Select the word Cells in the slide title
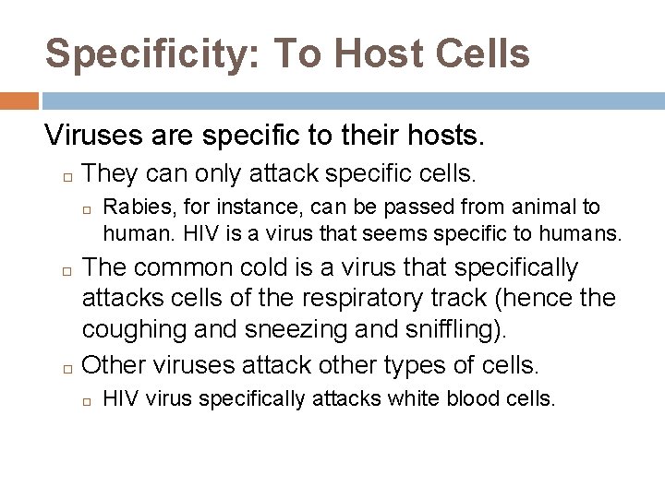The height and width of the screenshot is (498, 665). [482, 53]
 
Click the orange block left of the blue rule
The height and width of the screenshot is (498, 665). [18, 101]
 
